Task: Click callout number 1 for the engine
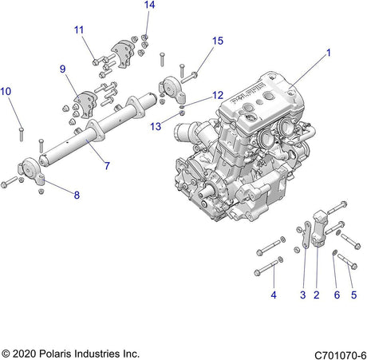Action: coord(329,53)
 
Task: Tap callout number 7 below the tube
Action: coord(107,166)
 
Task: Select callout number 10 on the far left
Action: coord(6,91)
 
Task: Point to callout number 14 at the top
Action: coord(149,5)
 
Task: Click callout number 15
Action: coord(218,41)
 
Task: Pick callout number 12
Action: coord(218,95)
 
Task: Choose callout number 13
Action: coord(156,126)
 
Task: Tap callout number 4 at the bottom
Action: coord(274,295)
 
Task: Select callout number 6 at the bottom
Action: coord(337,295)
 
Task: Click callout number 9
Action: coord(62,69)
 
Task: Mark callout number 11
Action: coord(79,30)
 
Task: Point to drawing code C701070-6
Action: coord(340,355)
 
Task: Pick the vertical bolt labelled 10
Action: coord(22,134)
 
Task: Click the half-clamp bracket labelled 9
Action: coord(85,104)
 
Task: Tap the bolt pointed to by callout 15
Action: coord(189,77)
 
